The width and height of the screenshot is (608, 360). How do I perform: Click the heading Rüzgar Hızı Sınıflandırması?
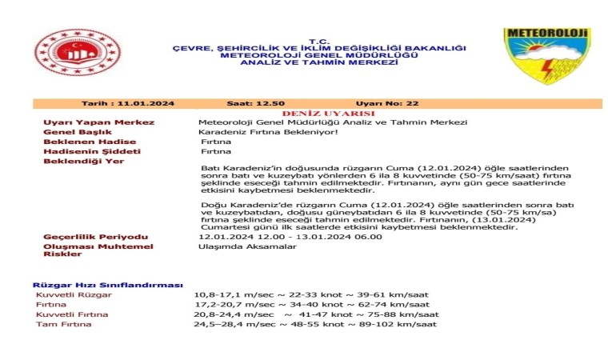[x=107, y=285]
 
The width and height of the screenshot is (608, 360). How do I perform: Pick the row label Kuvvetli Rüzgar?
[x=74, y=295]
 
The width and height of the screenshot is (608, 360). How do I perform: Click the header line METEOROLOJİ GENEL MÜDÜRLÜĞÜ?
[x=319, y=54]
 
